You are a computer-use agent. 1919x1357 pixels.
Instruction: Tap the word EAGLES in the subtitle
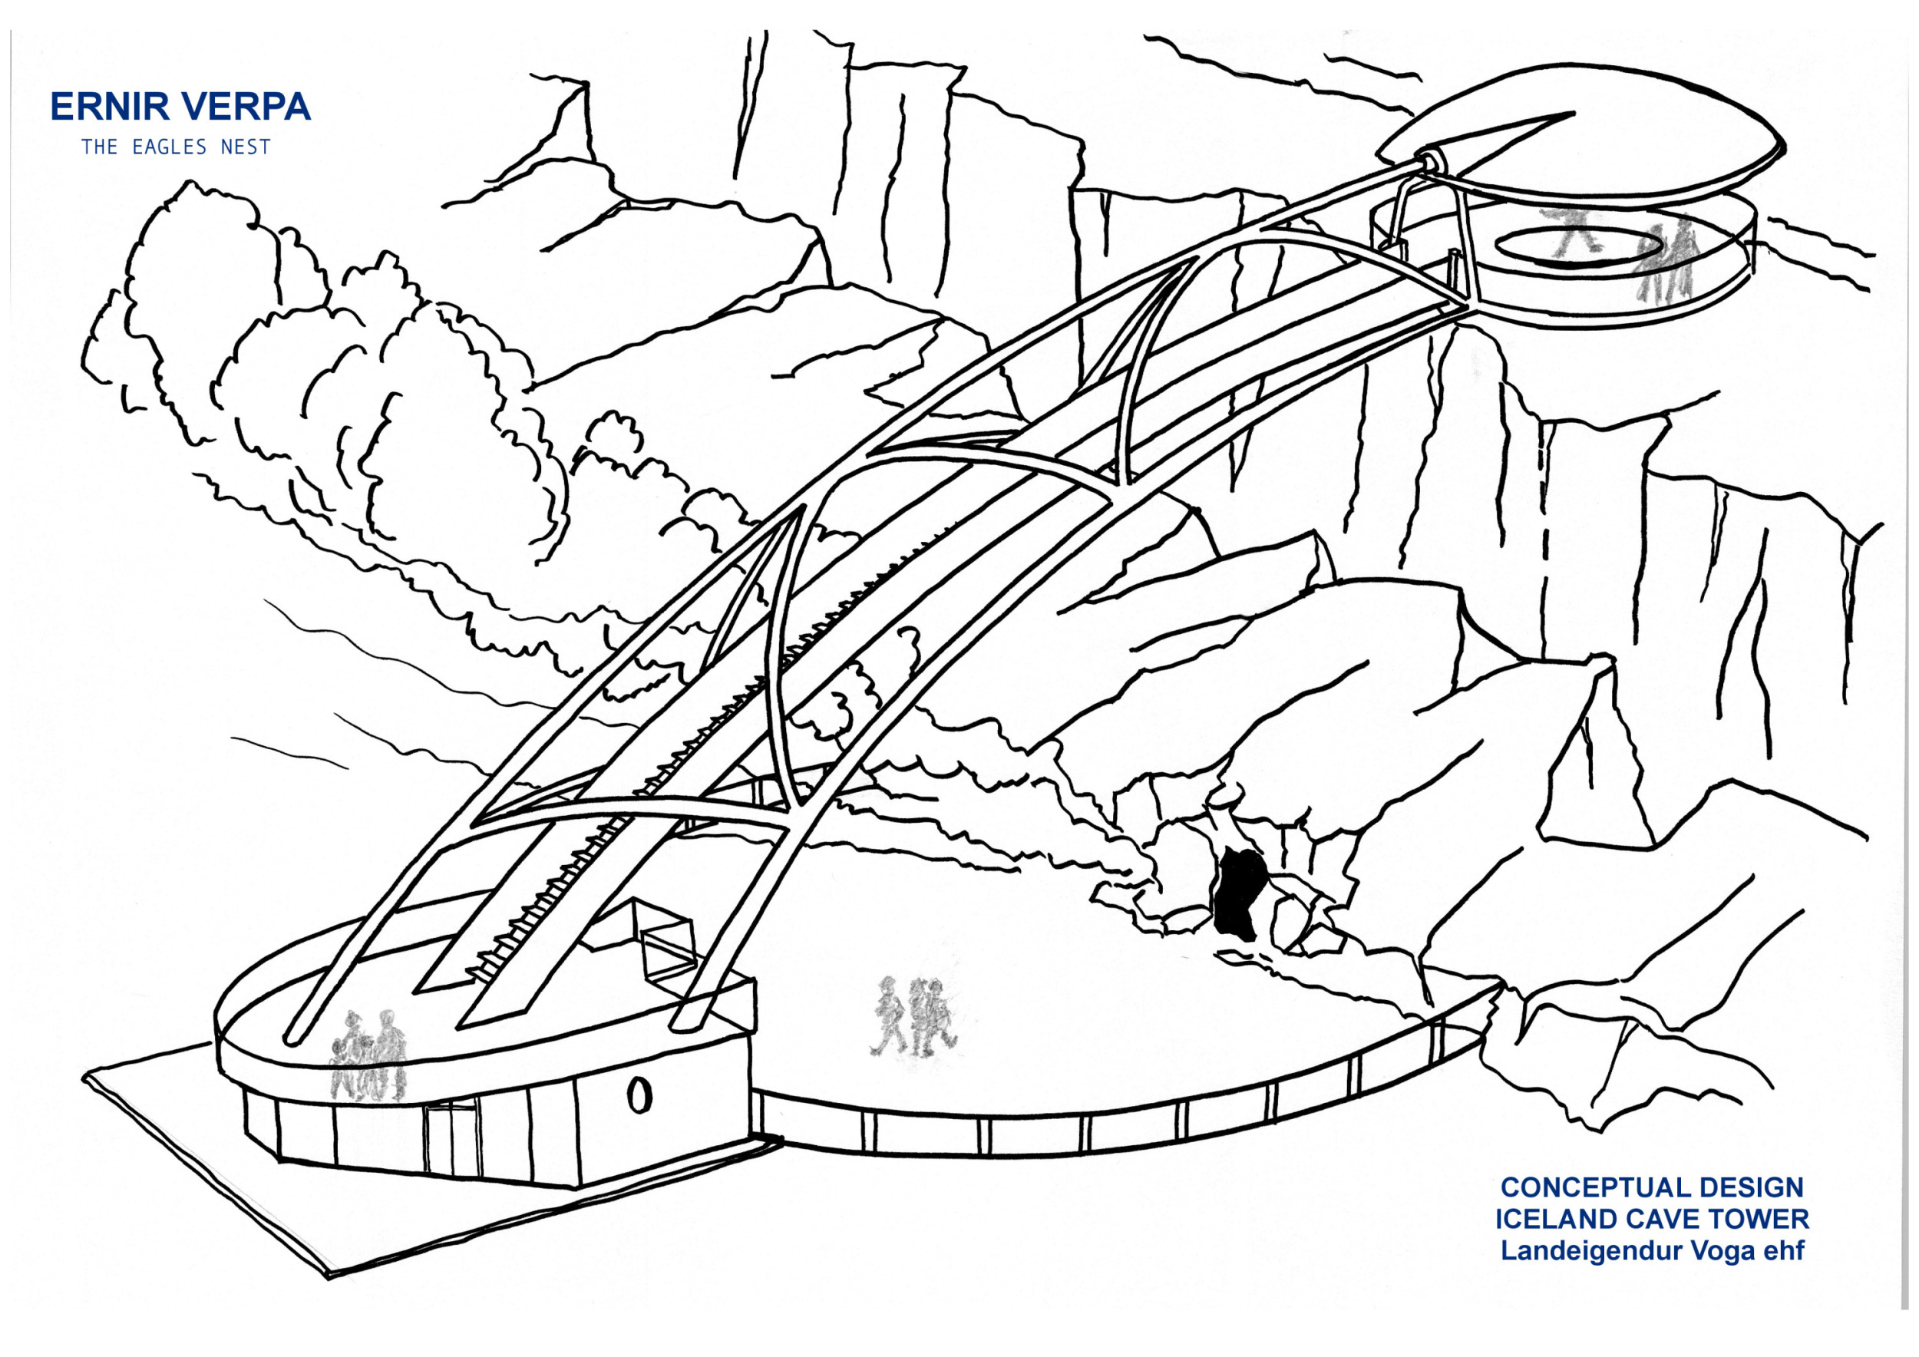pos(170,147)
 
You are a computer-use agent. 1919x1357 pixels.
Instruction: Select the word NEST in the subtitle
pos(246,147)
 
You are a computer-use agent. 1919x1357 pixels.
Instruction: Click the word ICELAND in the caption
pos(1554,1219)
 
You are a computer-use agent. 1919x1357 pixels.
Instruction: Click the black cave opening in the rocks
pos(1240,893)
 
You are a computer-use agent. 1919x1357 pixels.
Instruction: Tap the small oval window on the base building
pos(639,1094)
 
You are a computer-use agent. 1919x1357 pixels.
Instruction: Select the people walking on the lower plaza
pos(913,1016)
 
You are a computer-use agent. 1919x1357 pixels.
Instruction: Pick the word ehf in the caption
pos(1785,1251)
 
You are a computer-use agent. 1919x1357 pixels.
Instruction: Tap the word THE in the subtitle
pos(100,147)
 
